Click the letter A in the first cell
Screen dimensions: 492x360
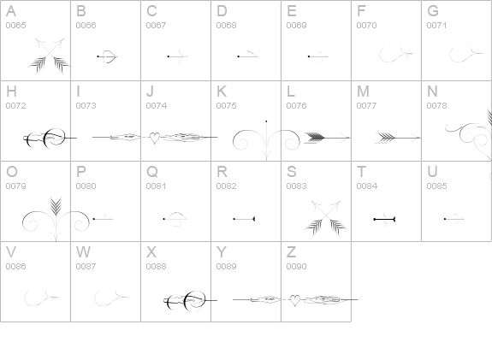[x=11, y=11]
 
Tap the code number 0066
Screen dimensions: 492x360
[x=86, y=25]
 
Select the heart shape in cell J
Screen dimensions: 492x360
[x=154, y=138]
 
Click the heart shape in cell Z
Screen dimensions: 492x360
[x=294, y=300]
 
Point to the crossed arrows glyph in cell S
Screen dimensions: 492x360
[x=326, y=218]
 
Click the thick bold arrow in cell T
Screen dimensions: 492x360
[x=384, y=219]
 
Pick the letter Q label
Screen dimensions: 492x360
[x=151, y=172]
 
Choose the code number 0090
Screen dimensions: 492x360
[x=296, y=266]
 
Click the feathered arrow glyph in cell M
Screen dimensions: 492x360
[x=398, y=138]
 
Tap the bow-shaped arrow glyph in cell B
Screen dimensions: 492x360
[x=107, y=56]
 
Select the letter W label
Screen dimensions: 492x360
[x=83, y=251]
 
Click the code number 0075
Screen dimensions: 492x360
[x=226, y=106]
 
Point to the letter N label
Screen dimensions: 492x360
[x=432, y=91]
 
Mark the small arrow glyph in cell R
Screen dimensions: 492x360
[x=244, y=219]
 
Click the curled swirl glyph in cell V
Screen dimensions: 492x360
[x=41, y=298]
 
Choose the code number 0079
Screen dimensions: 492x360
[x=15, y=186]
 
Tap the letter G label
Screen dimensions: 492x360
[x=433, y=11]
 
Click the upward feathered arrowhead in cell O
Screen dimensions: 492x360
[x=56, y=205]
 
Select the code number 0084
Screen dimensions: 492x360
[x=366, y=186]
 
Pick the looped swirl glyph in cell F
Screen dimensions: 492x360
[x=397, y=55]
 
